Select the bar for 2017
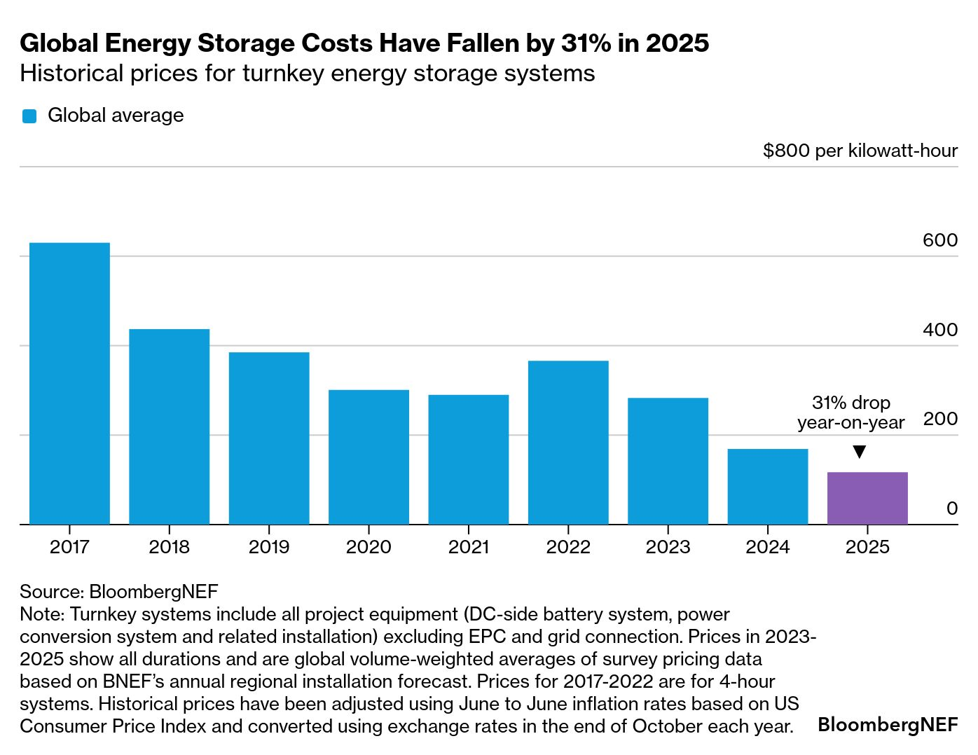click(x=69, y=383)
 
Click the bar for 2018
click(x=169, y=427)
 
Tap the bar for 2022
click(x=568, y=442)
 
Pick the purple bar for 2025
click(x=867, y=498)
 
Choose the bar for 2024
click(x=768, y=486)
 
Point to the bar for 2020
click(x=369, y=457)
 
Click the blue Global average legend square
click(x=29, y=116)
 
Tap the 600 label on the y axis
click(x=939, y=240)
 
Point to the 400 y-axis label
click(x=939, y=330)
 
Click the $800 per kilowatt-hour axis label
click(x=860, y=151)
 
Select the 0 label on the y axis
click(x=951, y=508)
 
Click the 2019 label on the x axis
click(x=269, y=547)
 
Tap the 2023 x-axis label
click(x=668, y=547)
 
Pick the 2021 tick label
click(x=469, y=547)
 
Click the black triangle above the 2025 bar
click(x=860, y=452)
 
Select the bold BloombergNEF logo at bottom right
click(x=888, y=724)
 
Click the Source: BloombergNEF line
click(x=119, y=592)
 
